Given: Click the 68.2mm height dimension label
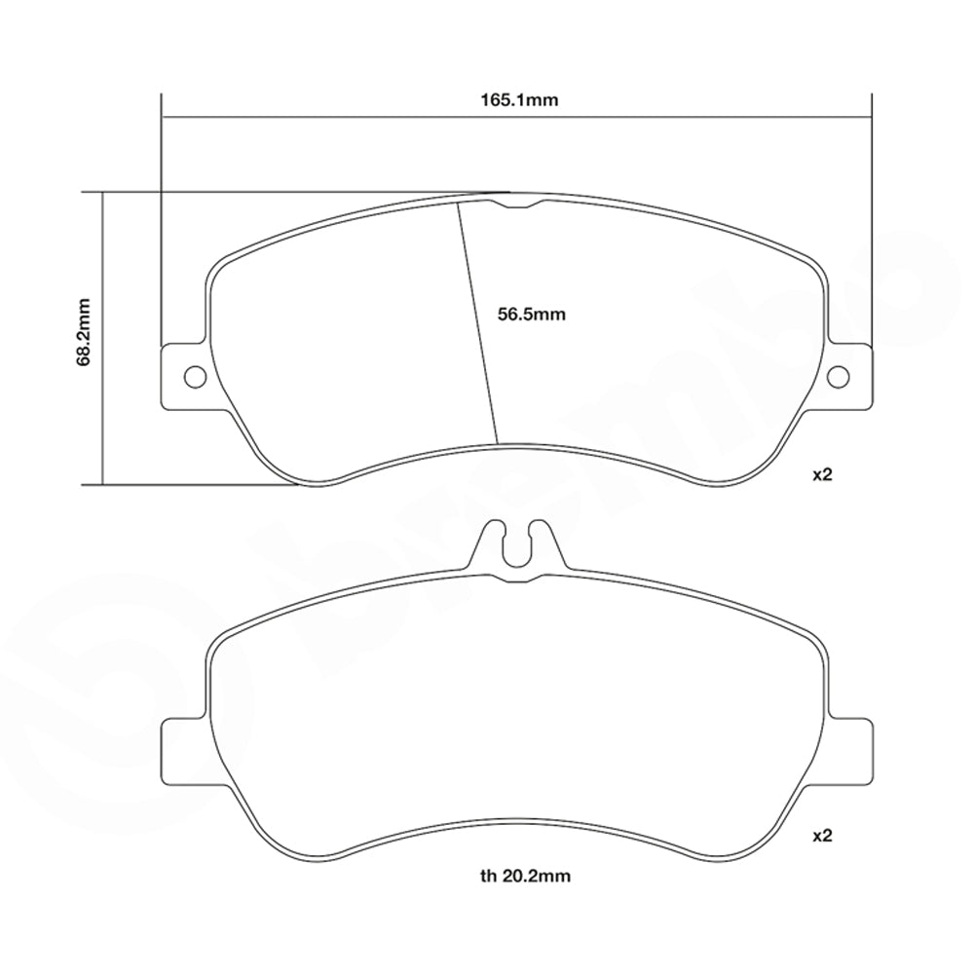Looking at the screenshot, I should [x=84, y=332].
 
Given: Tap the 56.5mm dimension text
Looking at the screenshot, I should [x=531, y=315].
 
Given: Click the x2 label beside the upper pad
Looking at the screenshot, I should [x=824, y=475].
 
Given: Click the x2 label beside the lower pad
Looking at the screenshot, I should [x=824, y=836].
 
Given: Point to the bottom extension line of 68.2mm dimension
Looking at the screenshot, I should [x=195, y=483].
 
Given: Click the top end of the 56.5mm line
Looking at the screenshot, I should [x=459, y=205].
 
